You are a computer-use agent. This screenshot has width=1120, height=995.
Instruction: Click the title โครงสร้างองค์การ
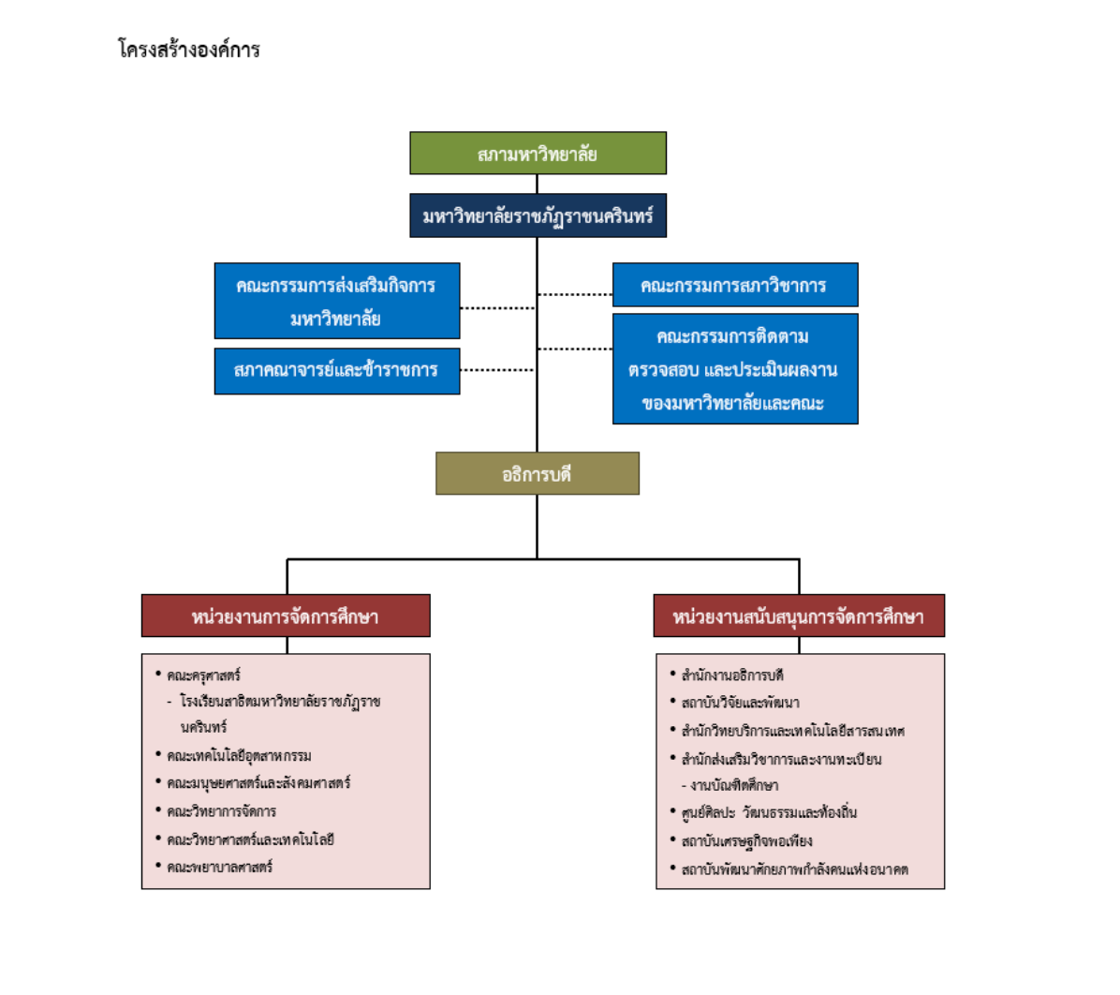[189, 50]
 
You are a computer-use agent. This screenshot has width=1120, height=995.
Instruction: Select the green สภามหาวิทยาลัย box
[538, 154]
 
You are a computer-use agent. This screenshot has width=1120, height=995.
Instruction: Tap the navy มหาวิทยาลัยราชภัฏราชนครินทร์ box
[538, 216]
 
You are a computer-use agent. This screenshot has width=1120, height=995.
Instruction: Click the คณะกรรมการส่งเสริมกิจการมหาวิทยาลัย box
[336, 301]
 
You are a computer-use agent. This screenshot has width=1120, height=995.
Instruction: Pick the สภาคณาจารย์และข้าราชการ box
[336, 371]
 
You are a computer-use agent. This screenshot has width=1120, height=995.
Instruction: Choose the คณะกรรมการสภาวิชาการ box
[734, 285]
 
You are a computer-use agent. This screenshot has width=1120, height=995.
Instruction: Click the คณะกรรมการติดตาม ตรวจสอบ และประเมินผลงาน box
[734, 369]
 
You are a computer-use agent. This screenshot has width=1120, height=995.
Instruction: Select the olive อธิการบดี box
[538, 474]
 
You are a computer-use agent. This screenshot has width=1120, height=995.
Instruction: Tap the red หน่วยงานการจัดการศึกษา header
[286, 616]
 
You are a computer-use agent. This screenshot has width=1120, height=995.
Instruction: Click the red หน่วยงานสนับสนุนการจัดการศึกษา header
[799, 616]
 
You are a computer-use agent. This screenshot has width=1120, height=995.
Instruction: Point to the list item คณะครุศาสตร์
[204, 676]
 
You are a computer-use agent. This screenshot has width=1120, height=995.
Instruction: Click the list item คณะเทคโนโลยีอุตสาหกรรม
[240, 756]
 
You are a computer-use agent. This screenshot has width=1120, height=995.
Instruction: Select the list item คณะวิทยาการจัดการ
[222, 811]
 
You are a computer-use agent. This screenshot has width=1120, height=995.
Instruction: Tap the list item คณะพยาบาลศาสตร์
[220, 868]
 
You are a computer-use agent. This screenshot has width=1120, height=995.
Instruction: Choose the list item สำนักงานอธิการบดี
[732, 676]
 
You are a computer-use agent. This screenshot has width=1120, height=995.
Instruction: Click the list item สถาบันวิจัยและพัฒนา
[740, 703]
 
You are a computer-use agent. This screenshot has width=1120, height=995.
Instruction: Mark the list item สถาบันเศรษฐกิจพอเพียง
[746, 841]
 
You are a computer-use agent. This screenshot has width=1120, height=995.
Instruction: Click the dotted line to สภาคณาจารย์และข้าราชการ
[497, 370]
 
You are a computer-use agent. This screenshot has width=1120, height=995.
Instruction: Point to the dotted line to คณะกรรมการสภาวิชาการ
[575, 294]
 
